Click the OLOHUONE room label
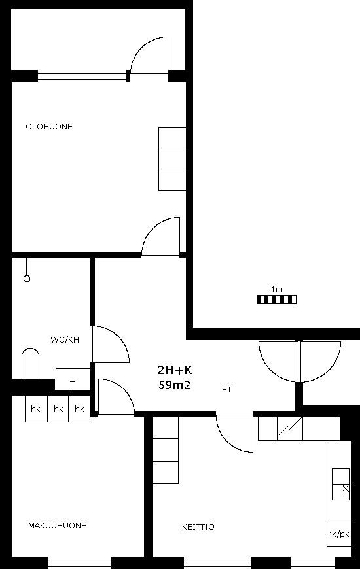(49, 127)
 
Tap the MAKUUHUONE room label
(57, 525)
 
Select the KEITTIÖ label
(198, 526)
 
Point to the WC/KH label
(65, 340)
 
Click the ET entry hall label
(226, 390)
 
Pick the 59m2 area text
(174, 385)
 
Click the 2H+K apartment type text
(175, 370)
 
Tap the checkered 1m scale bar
(276, 300)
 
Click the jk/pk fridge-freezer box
(339, 533)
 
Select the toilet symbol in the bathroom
(31, 362)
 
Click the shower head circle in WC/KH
(27, 279)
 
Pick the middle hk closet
(58, 409)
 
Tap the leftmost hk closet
(36, 409)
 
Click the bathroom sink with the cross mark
(73, 379)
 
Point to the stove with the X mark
(341, 484)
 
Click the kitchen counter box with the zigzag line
(289, 428)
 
